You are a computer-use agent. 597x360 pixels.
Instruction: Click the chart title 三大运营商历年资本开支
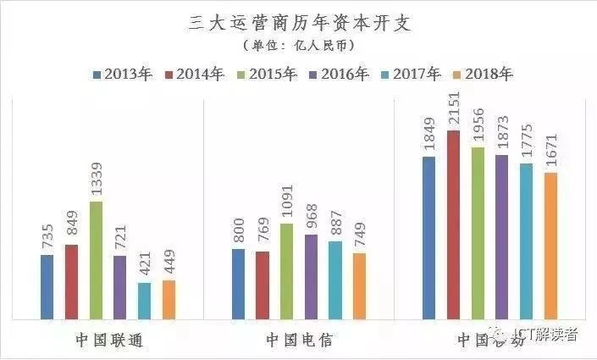299,23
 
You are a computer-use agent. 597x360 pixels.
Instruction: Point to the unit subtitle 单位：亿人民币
298,45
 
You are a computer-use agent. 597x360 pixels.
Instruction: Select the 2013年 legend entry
123,75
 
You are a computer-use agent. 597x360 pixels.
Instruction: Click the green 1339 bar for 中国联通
96,261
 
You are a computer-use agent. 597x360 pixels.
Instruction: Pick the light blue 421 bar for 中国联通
145,301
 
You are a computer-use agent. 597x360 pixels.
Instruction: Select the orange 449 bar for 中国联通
169,300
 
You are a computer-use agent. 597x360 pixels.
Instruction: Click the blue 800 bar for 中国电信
238,285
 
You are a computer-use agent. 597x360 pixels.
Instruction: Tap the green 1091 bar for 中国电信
287,272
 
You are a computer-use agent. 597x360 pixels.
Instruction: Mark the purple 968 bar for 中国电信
311,277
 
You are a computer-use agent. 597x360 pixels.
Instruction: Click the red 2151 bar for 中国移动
454,225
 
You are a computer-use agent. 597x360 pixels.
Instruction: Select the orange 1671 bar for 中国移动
551,246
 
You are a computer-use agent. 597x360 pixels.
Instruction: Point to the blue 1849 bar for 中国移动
428,238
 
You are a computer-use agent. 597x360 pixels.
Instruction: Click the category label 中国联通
108,341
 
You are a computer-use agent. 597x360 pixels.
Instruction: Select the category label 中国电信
299,341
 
